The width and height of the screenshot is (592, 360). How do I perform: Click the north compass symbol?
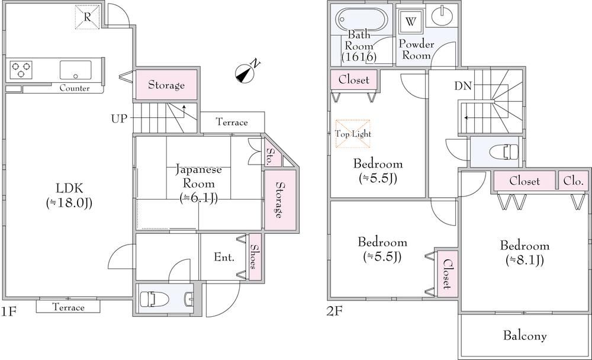coord(246,73)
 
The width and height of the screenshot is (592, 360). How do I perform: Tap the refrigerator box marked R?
coord(87,17)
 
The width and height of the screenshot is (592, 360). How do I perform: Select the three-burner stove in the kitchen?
coord(20,70)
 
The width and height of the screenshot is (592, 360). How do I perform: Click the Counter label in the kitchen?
coord(75,88)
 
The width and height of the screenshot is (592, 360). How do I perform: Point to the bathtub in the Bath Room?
coord(360,21)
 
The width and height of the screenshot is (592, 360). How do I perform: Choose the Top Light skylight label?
coord(353,134)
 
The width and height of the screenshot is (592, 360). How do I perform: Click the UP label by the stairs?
coord(118,118)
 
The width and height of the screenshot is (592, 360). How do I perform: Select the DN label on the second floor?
coord(463,86)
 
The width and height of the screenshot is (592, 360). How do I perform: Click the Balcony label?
coord(525,336)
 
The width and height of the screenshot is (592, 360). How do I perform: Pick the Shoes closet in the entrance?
coord(255,256)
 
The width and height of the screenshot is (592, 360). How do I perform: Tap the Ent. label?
coord(224,258)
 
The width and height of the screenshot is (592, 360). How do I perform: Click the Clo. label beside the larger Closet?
coord(573,181)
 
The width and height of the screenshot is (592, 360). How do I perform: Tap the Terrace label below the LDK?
coord(68,307)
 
